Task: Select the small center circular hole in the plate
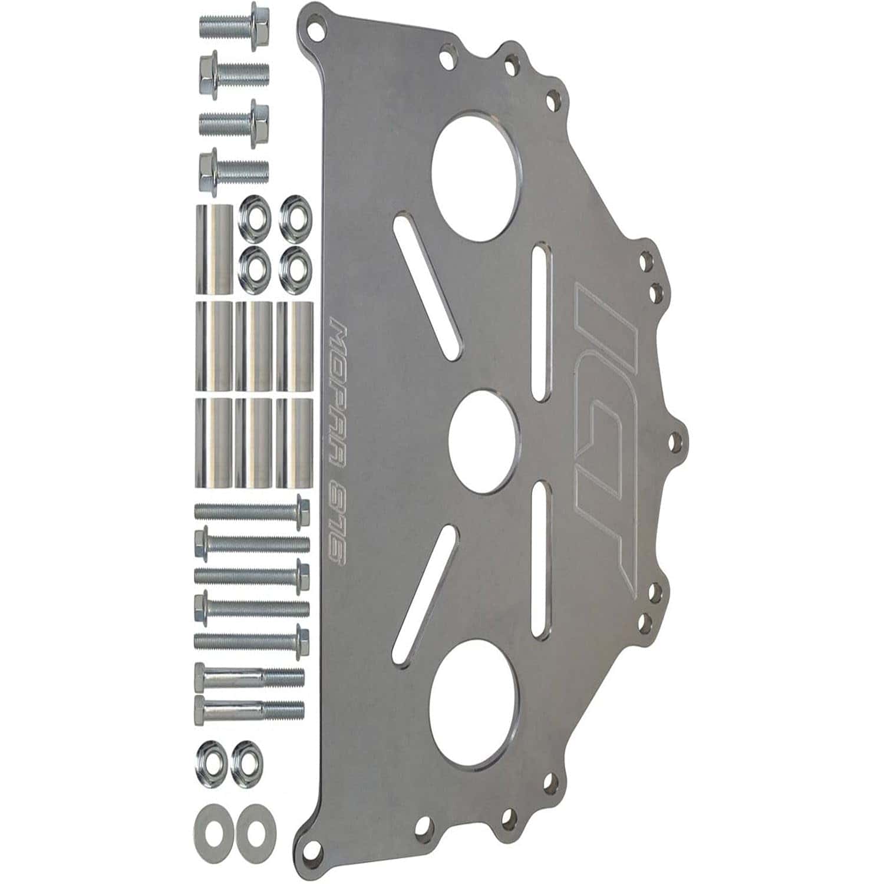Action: [484, 440]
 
